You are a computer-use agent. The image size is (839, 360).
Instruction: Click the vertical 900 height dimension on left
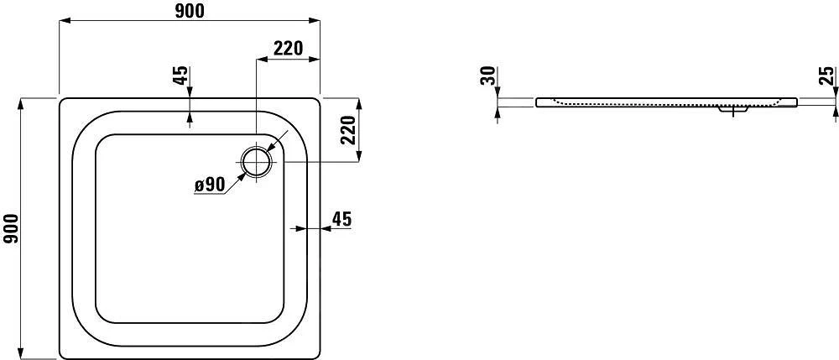pos(11,228)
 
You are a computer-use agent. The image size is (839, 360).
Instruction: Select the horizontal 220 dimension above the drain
pos(288,48)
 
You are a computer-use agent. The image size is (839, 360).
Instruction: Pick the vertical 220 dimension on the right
pos(349,130)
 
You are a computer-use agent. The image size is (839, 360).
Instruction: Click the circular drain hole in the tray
pos(256,161)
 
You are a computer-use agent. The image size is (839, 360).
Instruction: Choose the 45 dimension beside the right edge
pos(341,219)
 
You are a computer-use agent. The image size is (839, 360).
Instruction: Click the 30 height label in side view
pos(487,77)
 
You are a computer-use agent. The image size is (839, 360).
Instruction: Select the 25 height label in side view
pos(826,77)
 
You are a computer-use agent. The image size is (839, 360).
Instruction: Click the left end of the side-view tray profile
pos(538,102)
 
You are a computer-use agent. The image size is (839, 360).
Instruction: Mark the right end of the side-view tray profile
pos(795,102)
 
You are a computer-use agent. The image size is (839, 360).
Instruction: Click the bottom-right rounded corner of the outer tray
pos(317,352)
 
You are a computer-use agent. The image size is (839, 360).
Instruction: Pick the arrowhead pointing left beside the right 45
pos(292,227)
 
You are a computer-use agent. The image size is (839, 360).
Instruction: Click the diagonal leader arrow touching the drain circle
pos(270,147)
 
